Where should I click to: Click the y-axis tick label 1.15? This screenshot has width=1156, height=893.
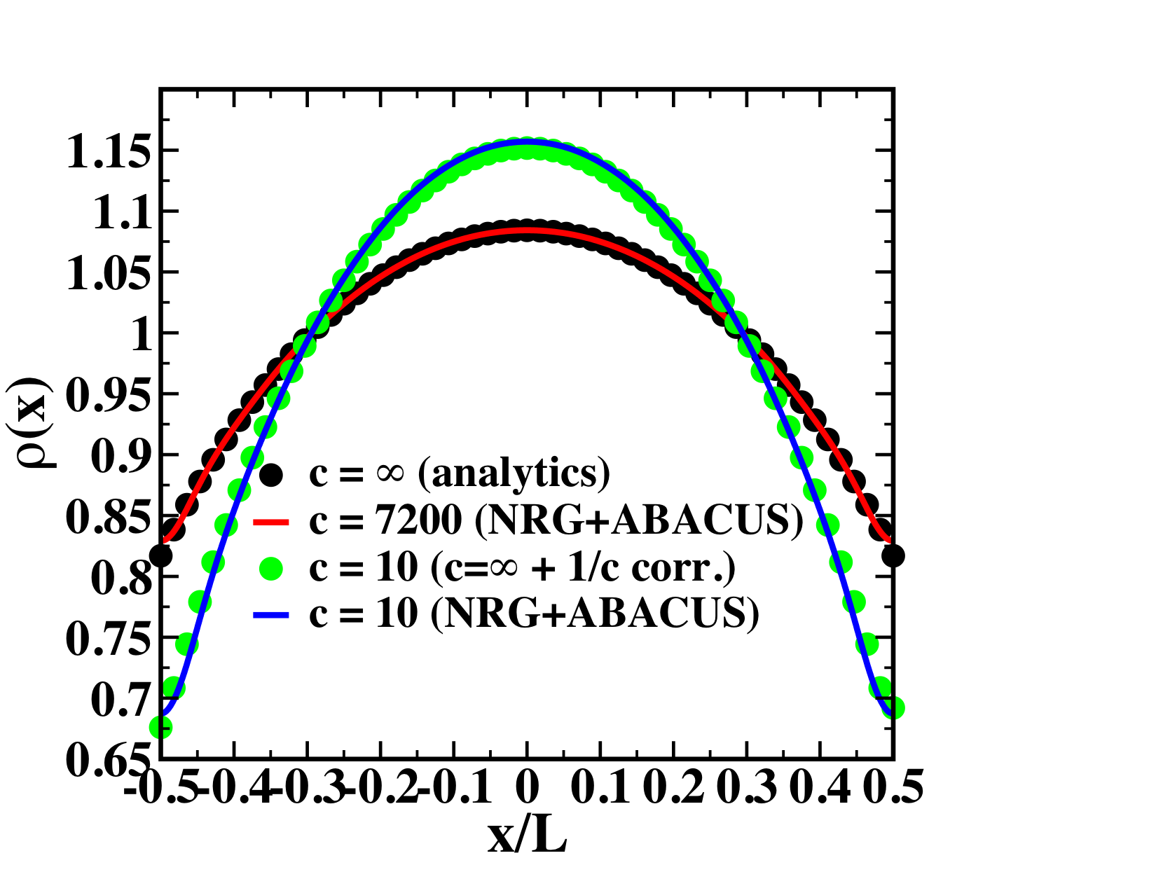tap(108, 153)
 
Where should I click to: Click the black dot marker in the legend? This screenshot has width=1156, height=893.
tap(270, 475)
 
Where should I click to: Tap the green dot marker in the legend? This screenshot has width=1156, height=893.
tap(270, 568)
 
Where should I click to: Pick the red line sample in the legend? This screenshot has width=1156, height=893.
tap(270, 521)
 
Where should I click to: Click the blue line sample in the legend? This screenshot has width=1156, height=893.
tap(270, 615)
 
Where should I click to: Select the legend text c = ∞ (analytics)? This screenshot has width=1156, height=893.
tap(460, 475)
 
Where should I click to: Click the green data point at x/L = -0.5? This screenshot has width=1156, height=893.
tap(160, 728)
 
